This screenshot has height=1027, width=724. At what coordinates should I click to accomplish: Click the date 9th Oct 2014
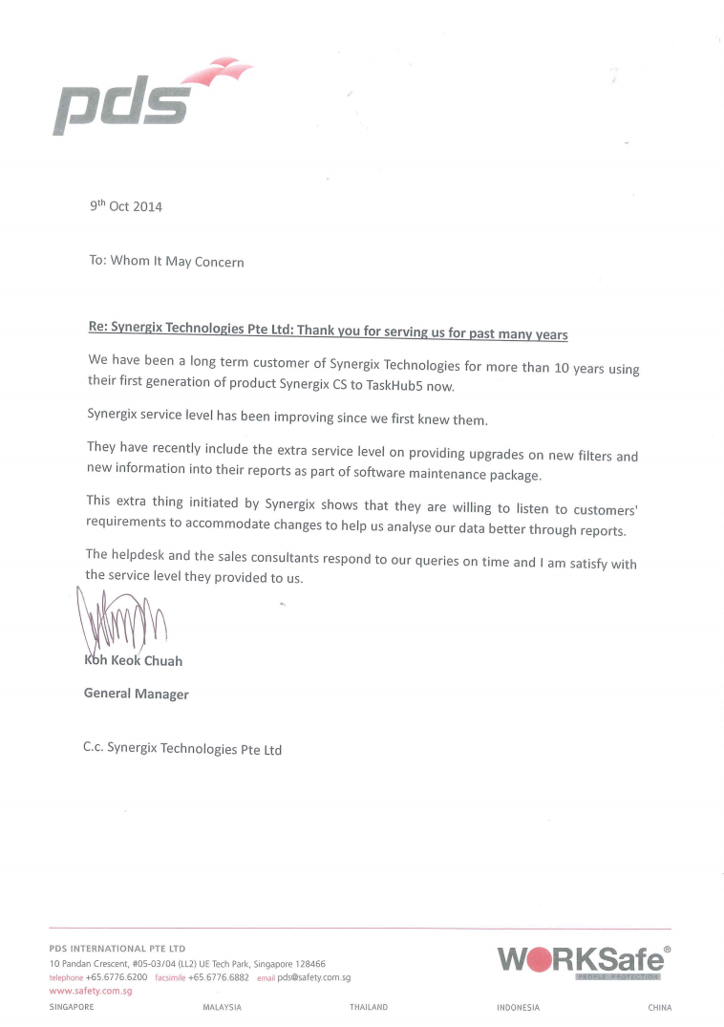[x=125, y=205]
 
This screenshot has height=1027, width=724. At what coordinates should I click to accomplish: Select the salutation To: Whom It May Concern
[x=166, y=261]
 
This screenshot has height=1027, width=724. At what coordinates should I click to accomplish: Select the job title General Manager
[x=137, y=695]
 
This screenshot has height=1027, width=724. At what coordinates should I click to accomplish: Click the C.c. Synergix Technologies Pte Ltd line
[x=182, y=749]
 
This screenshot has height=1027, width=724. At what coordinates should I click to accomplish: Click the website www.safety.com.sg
[x=90, y=991]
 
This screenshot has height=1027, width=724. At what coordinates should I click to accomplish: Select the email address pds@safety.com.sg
[x=315, y=977]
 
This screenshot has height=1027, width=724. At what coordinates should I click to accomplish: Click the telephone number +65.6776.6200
[x=117, y=977]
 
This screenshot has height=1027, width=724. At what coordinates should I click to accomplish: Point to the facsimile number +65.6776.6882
[x=219, y=977]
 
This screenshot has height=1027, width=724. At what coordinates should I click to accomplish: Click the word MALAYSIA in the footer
[x=223, y=1007]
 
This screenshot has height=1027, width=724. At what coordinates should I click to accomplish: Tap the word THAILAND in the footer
[x=369, y=1007]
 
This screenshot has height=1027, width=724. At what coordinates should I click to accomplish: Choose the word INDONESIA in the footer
[x=518, y=1007]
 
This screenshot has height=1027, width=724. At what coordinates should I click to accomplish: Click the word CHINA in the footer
[x=659, y=1007]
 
